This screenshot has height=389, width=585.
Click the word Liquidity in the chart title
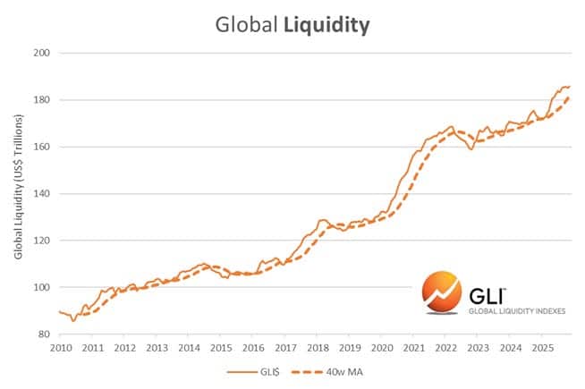coord(327,25)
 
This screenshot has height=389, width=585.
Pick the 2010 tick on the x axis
coord(61,347)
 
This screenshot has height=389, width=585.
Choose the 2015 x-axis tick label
coord(221,347)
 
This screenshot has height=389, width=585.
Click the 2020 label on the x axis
coord(381,347)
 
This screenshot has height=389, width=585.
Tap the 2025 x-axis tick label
coord(541,347)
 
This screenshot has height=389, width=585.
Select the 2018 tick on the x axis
coord(317,347)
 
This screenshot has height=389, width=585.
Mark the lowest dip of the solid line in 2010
coord(73,320)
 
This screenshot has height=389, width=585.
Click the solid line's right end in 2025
coord(570,87)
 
